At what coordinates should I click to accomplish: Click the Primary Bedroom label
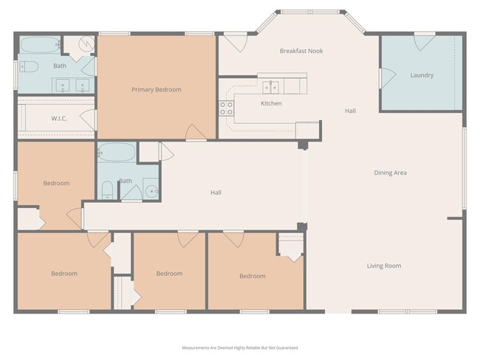[156, 90]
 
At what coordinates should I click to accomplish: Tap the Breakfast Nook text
[301, 51]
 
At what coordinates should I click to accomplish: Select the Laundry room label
[422, 75]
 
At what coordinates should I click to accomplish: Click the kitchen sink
[272, 85]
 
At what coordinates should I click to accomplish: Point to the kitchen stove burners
[226, 109]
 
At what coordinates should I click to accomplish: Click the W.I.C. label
[59, 118]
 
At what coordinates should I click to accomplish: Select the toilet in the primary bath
[28, 67]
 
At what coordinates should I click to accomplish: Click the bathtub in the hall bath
[116, 153]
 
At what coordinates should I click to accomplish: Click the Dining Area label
[390, 173]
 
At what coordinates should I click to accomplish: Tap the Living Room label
[384, 266]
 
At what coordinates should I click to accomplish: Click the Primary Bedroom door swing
[196, 133]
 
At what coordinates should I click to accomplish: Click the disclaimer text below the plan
[240, 347]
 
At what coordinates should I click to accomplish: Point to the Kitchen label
[271, 103]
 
